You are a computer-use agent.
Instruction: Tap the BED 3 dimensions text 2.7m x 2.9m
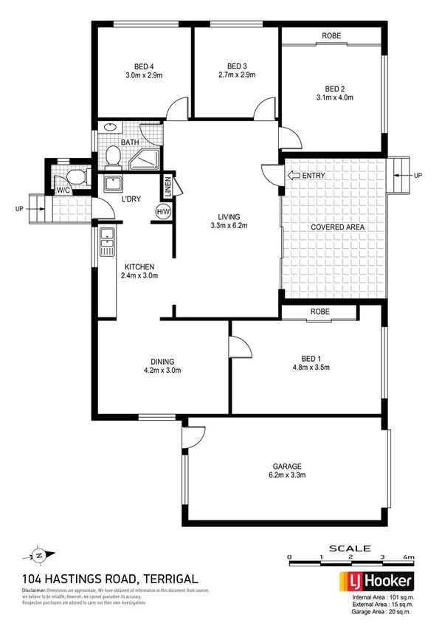tap(236, 75)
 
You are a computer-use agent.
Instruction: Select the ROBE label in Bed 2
tap(330, 35)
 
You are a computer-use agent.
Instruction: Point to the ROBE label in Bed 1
tap(320, 311)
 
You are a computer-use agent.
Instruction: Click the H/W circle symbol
tap(162, 213)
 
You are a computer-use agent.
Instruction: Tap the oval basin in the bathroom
tap(110, 127)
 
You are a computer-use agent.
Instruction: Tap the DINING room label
tap(162, 361)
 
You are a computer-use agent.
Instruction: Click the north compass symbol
tap(38, 554)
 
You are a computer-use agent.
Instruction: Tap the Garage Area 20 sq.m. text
tap(382, 613)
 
